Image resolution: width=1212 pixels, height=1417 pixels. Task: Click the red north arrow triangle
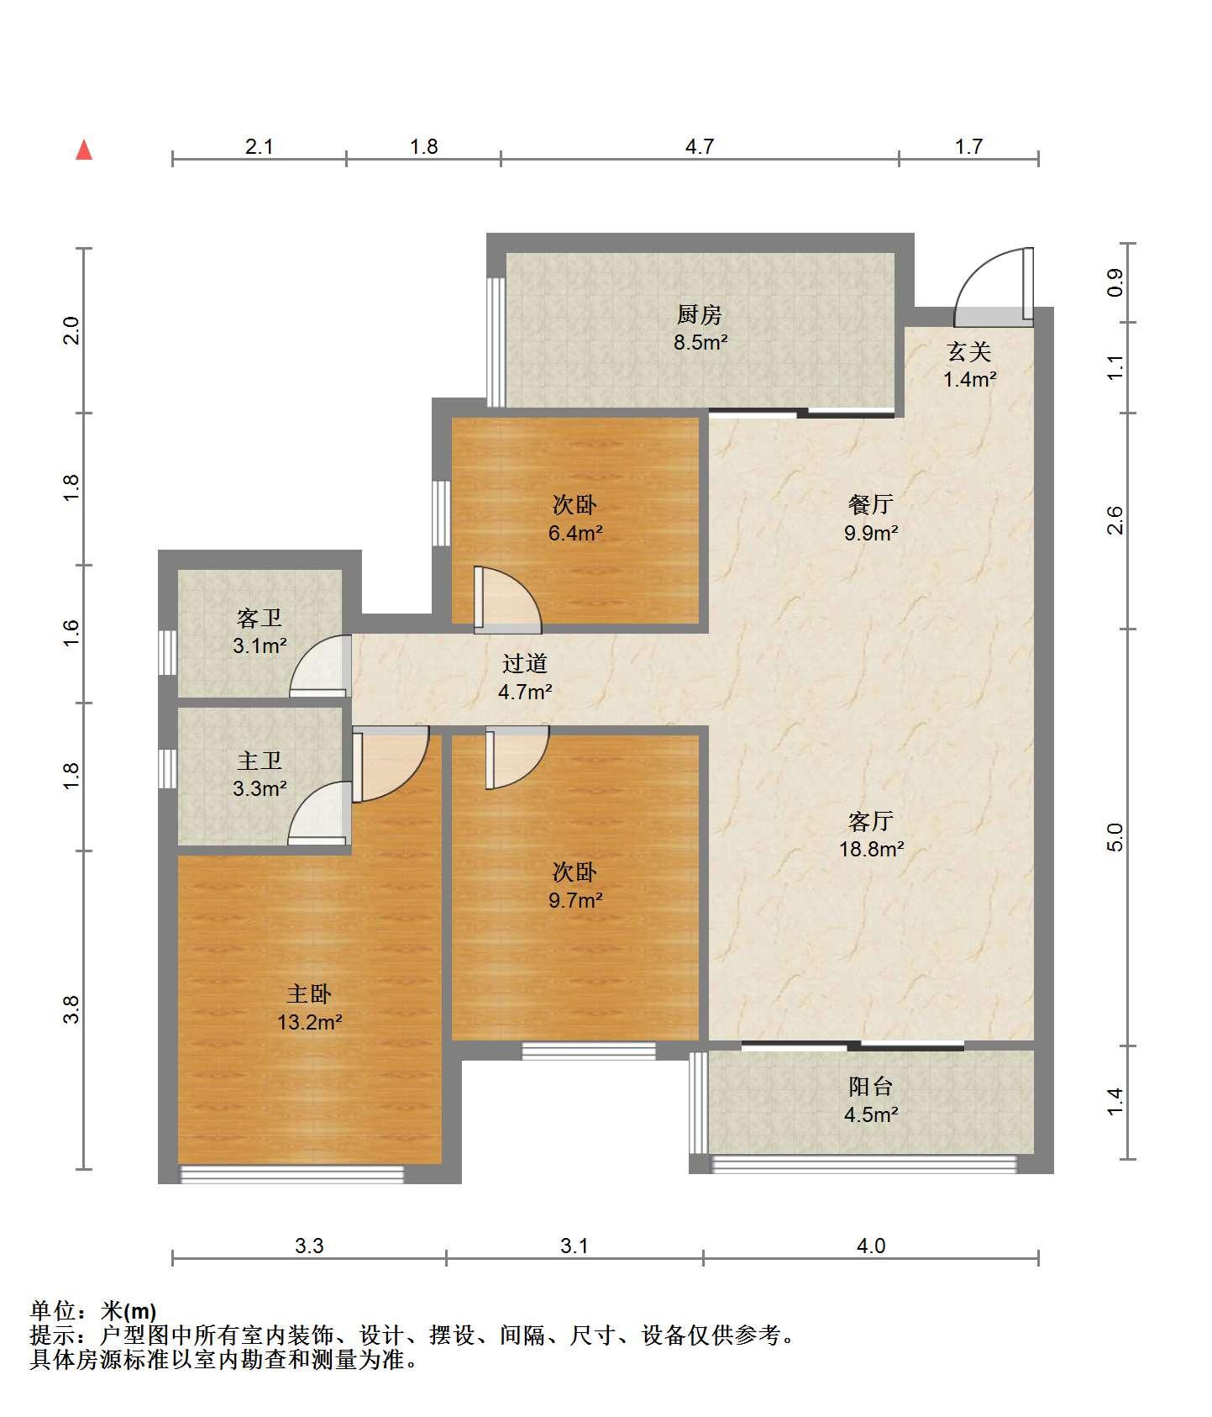click(x=84, y=150)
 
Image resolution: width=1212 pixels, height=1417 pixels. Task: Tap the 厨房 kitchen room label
click(x=700, y=315)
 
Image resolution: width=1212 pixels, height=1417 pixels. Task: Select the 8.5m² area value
click(x=700, y=343)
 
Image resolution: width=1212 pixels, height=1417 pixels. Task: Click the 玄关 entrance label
click(x=969, y=351)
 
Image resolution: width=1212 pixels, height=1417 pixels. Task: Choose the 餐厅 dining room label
click(x=871, y=504)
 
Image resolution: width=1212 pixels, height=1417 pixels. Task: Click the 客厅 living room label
click(x=871, y=821)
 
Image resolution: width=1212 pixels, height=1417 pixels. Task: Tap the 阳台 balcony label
click(x=871, y=1087)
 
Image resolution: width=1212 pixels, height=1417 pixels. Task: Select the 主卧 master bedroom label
click(x=310, y=994)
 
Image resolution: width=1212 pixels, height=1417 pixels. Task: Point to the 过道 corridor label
click(x=525, y=663)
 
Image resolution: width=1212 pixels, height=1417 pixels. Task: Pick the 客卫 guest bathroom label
click(x=260, y=619)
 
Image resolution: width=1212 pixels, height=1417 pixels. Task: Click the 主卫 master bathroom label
click(x=260, y=761)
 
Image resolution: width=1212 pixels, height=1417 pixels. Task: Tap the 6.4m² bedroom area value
click(x=575, y=533)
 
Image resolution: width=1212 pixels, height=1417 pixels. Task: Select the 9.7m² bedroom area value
click(x=575, y=900)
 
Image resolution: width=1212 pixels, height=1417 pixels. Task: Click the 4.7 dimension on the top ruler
click(x=700, y=147)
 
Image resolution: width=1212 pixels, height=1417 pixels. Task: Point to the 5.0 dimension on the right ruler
click(x=1115, y=837)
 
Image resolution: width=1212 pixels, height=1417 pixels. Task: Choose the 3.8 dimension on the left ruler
click(x=73, y=1009)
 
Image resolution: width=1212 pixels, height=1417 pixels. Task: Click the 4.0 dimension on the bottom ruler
click(x=871, y=1246)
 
